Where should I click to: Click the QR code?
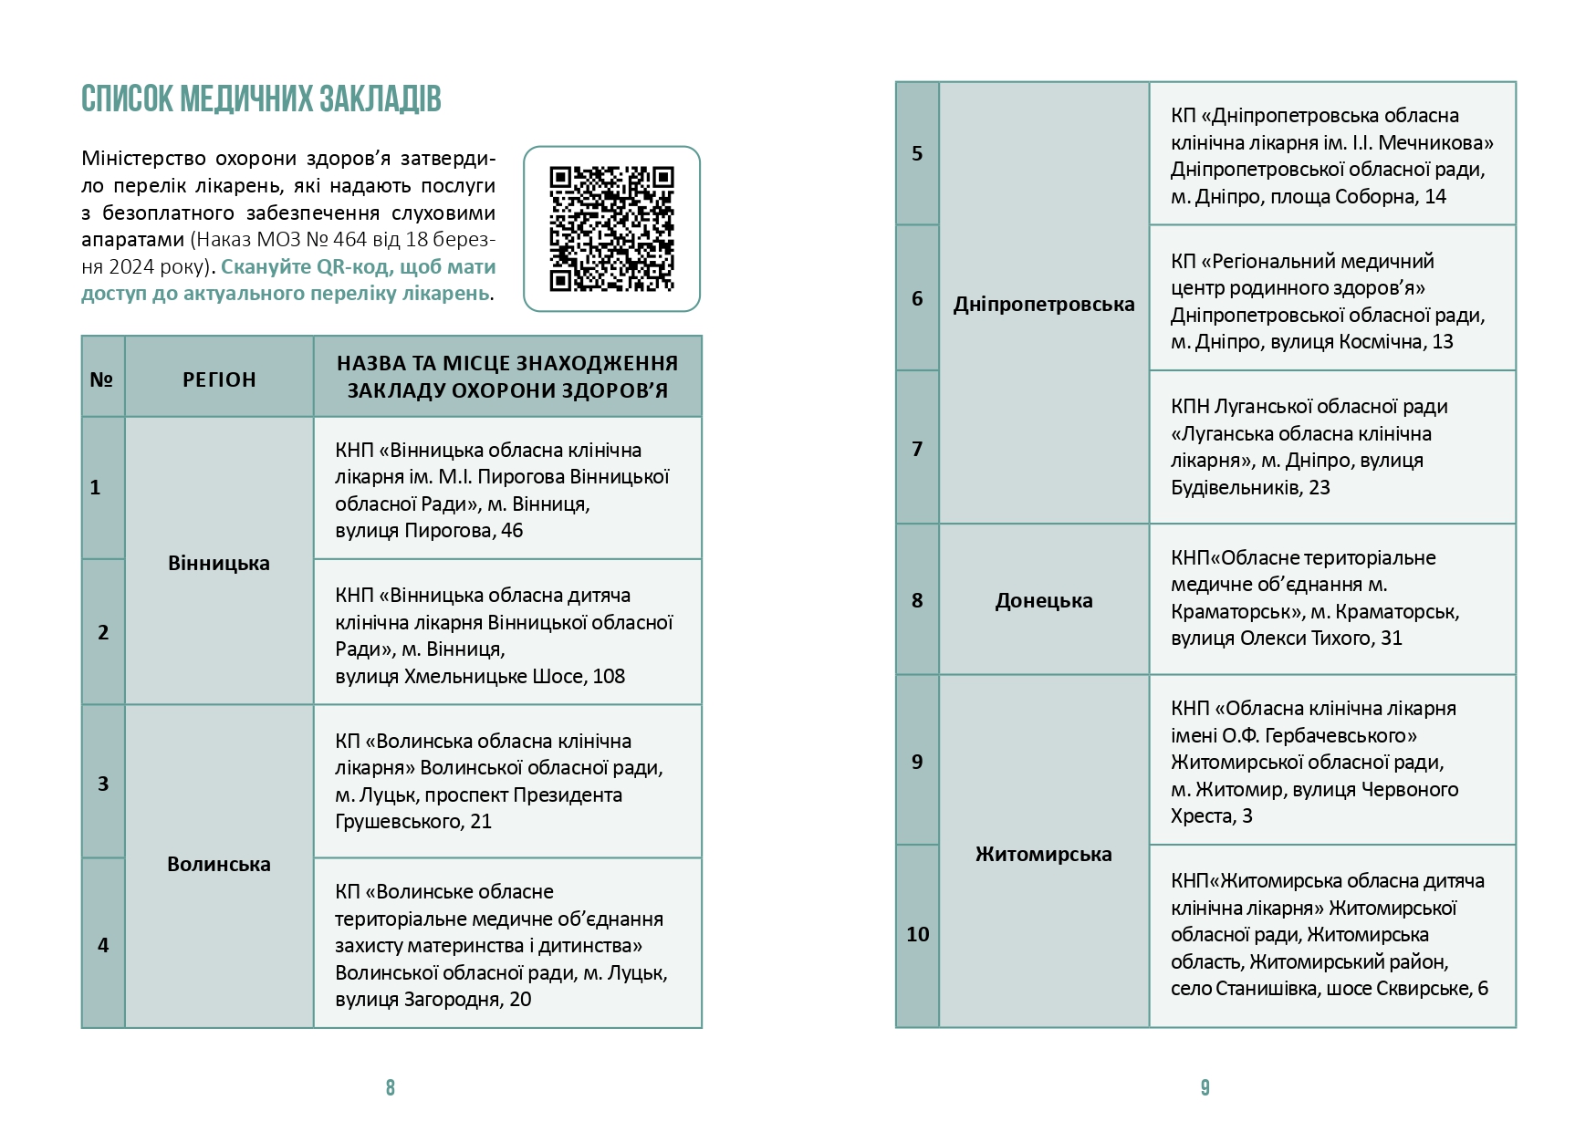611,229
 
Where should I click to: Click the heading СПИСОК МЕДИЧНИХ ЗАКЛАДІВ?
261,99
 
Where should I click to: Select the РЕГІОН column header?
219,379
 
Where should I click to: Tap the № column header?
101,379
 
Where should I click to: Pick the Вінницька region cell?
219,563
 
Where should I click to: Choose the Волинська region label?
219,864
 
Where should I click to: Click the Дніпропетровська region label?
1044,304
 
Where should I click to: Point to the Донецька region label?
1044,600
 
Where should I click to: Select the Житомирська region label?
1044,854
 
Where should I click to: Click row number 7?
917,448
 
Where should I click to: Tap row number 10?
917,934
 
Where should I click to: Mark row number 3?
103,784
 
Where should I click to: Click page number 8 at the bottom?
391,1087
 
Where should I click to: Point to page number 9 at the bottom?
1205,1087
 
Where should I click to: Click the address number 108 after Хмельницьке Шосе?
609,676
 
